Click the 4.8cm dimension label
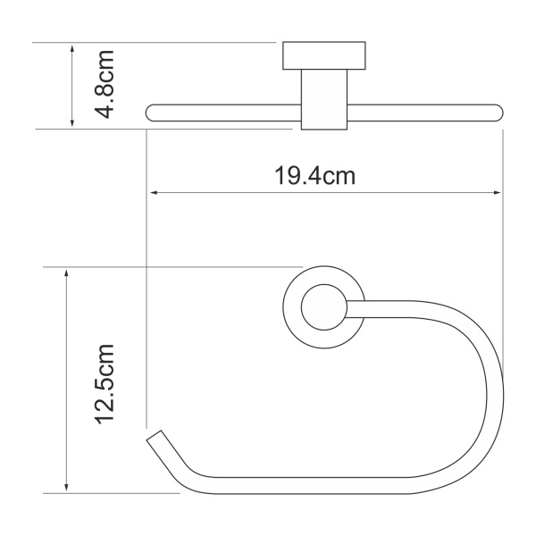pyautogui.click(x=105, y=86)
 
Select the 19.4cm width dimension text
pyautogui.click(x=314, y=176)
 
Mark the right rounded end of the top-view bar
pyautogui.click(x=496, y=113)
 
